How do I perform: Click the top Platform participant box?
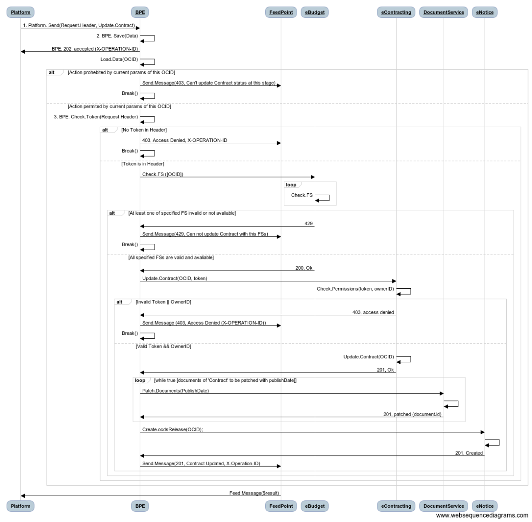click(20, 12)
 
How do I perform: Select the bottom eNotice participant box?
click(485, 506)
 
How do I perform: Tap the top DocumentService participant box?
click(443, 12)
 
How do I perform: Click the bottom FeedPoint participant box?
click(281, 506)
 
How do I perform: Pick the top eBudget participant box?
click(314, 12)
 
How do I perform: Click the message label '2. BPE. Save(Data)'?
click(117, 36)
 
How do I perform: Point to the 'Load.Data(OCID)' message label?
click(119, 59)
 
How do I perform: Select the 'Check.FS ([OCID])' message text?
click(163, 174)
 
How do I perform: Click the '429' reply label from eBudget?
click(309, 224)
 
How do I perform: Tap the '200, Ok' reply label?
click(304, 268)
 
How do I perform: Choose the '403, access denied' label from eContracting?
click(373, 312)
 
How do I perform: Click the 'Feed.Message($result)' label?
click(254, 493)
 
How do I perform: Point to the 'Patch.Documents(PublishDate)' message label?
click(175, 391)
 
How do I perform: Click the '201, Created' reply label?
click(469, 453)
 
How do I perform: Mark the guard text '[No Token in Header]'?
click(144, 130)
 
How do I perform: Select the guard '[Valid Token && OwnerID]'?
click(163, 346)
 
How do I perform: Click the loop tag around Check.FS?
click(291, 185)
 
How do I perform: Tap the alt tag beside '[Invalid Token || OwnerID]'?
click(119, 302)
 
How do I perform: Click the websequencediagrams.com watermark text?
click(482, 515)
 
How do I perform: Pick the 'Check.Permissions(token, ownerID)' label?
click(355, 289)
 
